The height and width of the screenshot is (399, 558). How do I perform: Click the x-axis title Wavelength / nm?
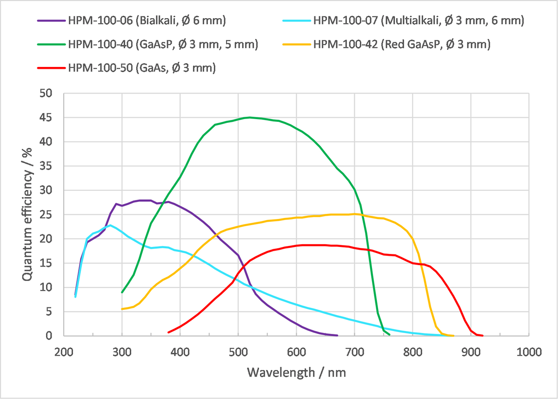pos(296,372)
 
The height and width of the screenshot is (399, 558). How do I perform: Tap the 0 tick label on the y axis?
pos(55,336)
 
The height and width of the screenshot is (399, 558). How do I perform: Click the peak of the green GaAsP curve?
pos(250,117)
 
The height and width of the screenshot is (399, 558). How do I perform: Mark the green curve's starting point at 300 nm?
pos(122,292)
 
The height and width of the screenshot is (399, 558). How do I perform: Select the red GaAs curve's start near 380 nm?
pos(168,332)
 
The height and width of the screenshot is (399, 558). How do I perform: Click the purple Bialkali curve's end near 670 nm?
pos(337,335)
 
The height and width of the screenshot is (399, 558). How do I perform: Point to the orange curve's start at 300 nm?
pos(122,309)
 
